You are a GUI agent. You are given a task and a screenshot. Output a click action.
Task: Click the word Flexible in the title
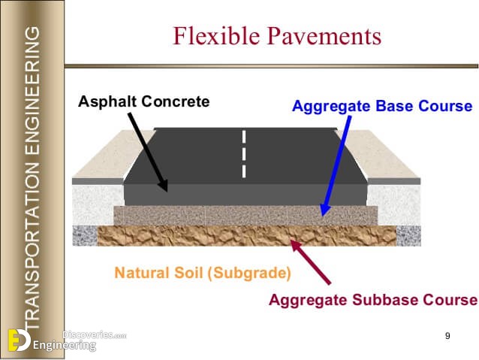tap(216, 36)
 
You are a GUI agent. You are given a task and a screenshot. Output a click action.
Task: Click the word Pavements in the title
tap(324, 36)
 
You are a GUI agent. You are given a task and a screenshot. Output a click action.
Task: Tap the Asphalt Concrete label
tap(144, 101)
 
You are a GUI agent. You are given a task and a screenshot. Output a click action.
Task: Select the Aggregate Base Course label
tap(382, 107)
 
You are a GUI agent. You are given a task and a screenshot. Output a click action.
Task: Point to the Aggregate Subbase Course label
tap(373, 299)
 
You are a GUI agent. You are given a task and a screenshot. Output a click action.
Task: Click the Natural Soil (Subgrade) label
tap(203, 273)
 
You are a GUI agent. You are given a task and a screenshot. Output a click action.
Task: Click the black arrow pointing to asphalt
tap(148, 152)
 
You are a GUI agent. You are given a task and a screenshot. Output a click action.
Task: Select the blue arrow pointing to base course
tap(336, 166)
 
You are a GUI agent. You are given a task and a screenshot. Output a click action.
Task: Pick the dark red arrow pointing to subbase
tap(311, 262)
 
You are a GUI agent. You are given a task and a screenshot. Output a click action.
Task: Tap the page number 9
tap(447, 336)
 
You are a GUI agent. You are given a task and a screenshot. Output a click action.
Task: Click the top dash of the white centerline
tap(244, 137)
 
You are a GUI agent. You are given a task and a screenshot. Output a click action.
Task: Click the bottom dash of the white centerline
tap(244, 171)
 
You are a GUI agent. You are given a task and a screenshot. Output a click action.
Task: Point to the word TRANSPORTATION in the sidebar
tap(32, 246)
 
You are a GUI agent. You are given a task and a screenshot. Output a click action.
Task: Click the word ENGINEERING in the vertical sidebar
tap(32, 91)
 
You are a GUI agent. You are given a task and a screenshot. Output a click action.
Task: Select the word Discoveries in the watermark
tap(87, 334)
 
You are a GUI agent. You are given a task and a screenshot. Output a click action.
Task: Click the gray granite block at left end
tap(85, 236)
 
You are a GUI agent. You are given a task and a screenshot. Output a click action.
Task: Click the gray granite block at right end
tap(408, 236)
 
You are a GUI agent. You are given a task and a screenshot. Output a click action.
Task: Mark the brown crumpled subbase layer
tap(246, 236)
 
